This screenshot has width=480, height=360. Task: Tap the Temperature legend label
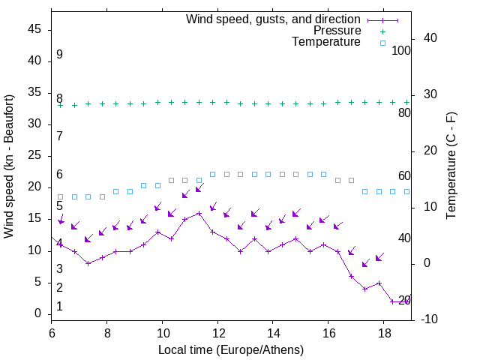(326, 43)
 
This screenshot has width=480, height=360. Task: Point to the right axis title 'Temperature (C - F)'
(451, 166)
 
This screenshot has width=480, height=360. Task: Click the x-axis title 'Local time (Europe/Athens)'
(231, 350)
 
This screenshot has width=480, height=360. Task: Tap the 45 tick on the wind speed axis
(34, 29)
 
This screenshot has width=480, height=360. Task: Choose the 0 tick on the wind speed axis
(37, 314)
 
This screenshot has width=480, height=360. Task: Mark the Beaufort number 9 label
(59, 55)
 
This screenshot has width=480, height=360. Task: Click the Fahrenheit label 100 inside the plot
(401, 50)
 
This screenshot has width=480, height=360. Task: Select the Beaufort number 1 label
(59, 306)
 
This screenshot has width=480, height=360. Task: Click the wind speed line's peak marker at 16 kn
(199, 213)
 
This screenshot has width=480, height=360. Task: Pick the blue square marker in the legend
(382, 43)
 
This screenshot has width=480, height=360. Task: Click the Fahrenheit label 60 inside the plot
(404, 175)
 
